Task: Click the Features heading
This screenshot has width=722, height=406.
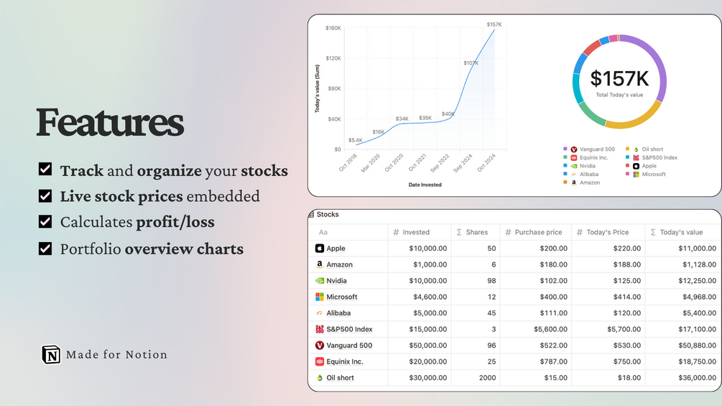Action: (x=110, y=122)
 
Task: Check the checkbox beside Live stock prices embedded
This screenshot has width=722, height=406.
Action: (x=45, y=195)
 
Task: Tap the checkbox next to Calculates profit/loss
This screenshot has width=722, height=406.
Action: (x=45, y=222)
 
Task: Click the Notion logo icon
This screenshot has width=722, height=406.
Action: (x=51, y=354)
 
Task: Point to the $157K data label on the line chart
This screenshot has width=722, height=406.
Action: (x=494, y=24)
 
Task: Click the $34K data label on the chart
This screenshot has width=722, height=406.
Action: (x=402, y=119)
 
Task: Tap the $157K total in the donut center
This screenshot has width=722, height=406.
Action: (x=619, y=79)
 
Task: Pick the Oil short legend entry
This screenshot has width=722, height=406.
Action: (x=652, y=149)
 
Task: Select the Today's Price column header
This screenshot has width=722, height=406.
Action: (x=607, y=232)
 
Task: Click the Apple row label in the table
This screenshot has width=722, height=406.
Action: (x=335, y=249)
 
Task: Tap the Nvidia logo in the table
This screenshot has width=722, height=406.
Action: (x=320, y=281)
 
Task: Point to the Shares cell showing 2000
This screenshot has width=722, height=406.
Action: (x=486, y=378)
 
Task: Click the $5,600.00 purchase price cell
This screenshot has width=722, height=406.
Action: (x=547, y=329)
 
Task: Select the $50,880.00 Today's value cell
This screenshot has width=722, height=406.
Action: (x=695, y=346)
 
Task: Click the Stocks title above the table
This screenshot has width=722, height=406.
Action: (x=328, y=214)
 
